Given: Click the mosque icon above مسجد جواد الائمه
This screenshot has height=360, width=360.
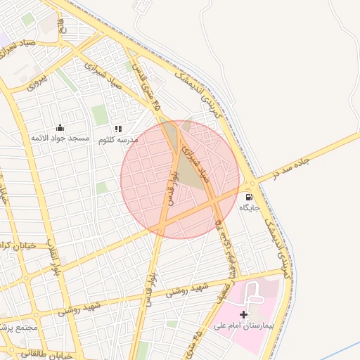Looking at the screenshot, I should tap(60, 128).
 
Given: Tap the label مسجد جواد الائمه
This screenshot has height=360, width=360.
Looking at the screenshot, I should tap(60, 139).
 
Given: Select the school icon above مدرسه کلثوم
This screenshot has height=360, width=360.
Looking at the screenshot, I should tap(118, 129).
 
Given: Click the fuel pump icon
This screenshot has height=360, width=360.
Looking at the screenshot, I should tap(250, 198).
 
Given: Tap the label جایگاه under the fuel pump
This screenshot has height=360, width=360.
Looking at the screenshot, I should tap(250, 208).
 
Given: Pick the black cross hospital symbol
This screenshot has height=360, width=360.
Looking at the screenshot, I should tap(244, 314).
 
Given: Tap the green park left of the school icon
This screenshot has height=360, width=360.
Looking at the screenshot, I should tap(100, 114).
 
